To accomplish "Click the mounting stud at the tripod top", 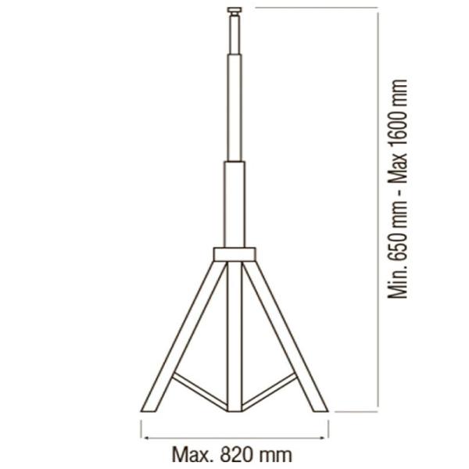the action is tap(234, 11).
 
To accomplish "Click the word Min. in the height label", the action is tap(398, 281).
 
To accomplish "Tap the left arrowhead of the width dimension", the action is tap(147, 439).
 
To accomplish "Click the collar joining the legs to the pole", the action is tap(234, 254).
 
